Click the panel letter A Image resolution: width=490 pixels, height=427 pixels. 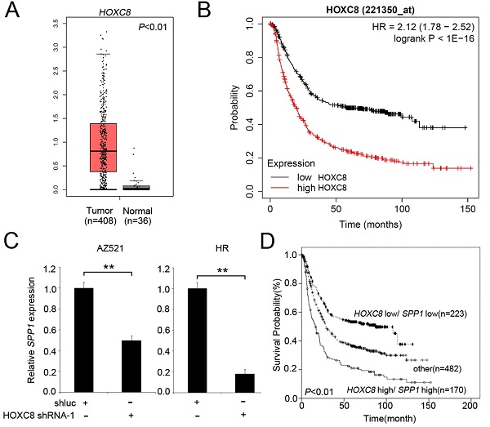(13, 14)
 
